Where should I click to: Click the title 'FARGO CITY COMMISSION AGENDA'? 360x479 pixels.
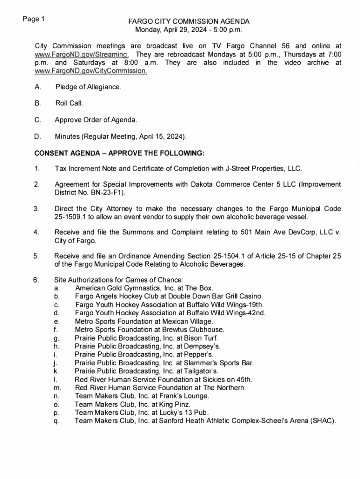point(189,22)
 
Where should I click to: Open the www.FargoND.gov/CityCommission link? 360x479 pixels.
point(91,71)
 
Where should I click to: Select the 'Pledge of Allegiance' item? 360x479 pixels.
point(88,87)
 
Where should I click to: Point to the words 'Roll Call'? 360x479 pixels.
point(69,103)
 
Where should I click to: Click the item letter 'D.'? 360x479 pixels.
point(37,137)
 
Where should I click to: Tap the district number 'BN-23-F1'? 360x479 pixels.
point(108,192)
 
